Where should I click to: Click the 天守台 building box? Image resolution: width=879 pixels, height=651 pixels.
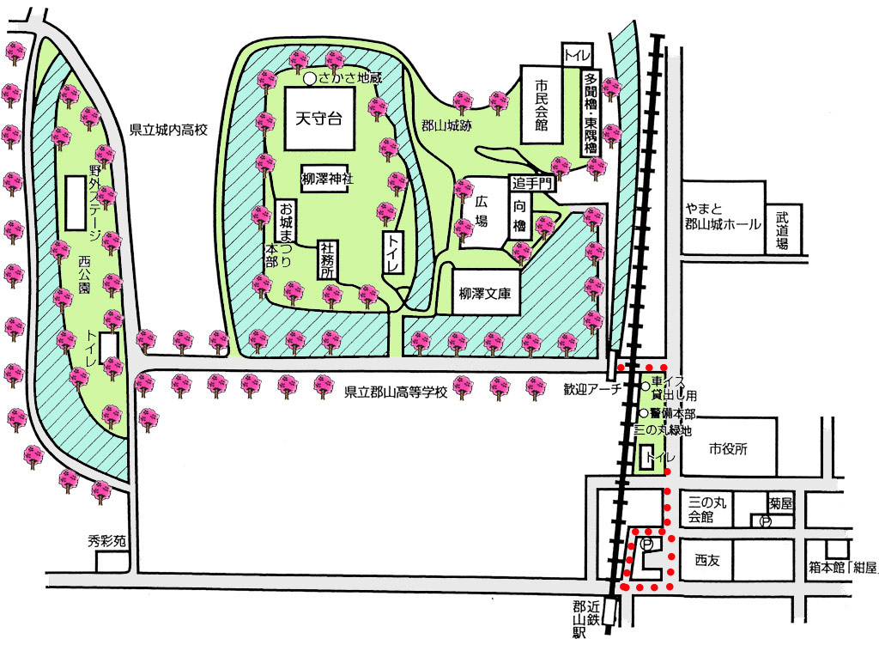pyautogui.click(x=319, y=119)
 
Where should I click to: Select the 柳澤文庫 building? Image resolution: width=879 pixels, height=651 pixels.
pyautogui.click(x=486, y=292)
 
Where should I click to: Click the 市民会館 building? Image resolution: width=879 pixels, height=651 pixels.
pyautogui.click(x=542, y=104)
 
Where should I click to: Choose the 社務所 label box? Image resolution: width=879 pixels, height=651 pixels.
pyautogui.click(x=327, y=259)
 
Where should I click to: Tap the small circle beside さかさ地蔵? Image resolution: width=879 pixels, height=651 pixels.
pyautogui.click(x=309, y=79)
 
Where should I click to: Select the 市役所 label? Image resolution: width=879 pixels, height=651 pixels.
pyautogui.click(x=728, y=448)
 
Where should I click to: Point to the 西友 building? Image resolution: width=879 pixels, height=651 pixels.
pyautogui.click(x=706, y=560)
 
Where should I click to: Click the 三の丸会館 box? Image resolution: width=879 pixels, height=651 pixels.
pyautogui.click(x=706, y=509)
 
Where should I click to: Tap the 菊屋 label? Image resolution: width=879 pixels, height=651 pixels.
pyautogui.click(x=780, y=503)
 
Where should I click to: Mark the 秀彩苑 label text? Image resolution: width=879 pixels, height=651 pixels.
pyautogui.click(x=107, y=541)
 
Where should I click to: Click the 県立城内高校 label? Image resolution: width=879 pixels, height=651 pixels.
pyautogui.click(x=169, y=130)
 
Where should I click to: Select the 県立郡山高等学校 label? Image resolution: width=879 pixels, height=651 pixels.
pyautogui.click(x=396, y=392)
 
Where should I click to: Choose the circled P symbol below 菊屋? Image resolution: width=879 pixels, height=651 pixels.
pyautogui.click(x=765, y=521)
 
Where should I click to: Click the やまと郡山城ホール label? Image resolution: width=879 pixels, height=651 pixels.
pyautogui.click(x=723, y=216)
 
